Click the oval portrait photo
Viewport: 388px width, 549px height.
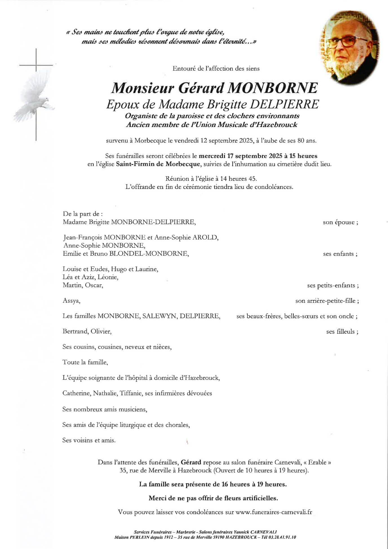coord(350,47)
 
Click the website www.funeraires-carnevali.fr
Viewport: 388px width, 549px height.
coord(274,512)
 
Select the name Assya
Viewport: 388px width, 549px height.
coord(71,301)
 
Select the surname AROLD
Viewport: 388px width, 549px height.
coord(205,237)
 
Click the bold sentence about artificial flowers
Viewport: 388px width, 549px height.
coord(213,498)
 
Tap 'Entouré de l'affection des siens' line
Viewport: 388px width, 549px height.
coord(216,69)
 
